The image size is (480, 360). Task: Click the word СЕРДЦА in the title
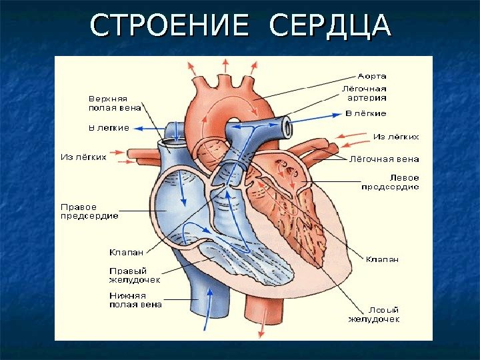coord(329,26)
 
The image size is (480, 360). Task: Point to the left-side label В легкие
coord(109,127)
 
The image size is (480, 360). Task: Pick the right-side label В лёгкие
coord(365,113)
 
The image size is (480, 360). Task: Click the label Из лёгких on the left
coord(84,157)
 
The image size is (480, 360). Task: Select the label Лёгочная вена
coord(385,159)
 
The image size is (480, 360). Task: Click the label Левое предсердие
coord(390,183)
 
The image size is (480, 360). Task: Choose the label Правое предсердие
coord(89,211)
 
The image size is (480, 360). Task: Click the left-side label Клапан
coord(124,252)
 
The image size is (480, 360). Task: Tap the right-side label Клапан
coord(382,259)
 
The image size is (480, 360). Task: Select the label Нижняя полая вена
coord(135,300)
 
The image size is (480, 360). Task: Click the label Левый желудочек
coord(375,315)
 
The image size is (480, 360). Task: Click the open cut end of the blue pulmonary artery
coord(287,125)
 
